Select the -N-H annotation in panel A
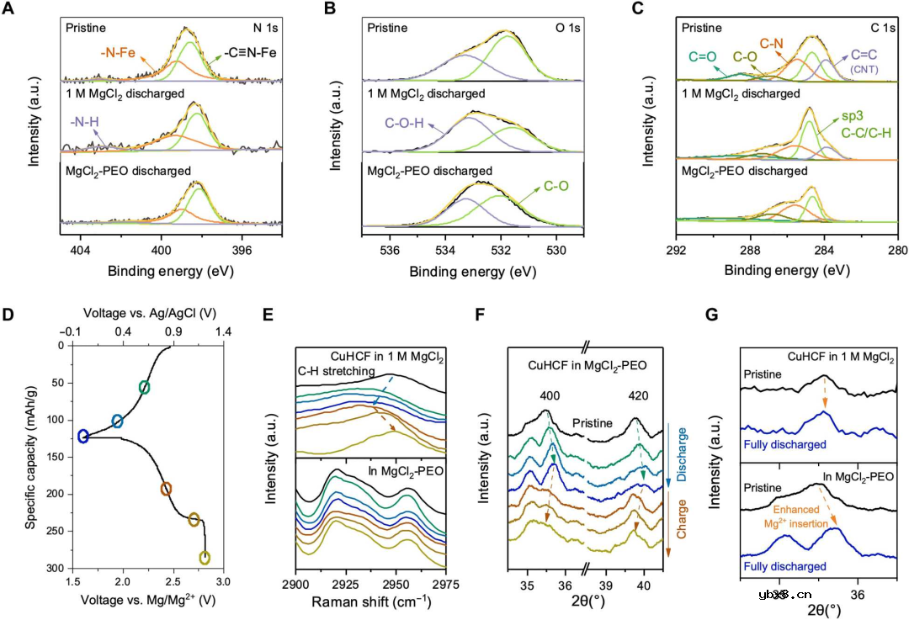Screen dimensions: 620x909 (82, 121)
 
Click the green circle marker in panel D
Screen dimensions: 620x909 (145, 387)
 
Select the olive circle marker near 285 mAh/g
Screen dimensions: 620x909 (204, 558)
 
